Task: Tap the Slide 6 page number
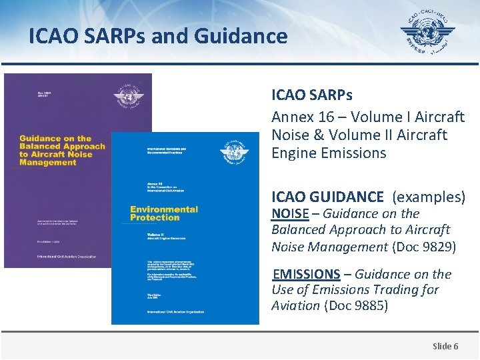tap(445, 345)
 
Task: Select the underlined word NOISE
tap(290, 214)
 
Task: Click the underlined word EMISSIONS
tap(307, 274)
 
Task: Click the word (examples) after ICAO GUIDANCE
tap(429, 197)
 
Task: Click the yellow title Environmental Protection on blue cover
tap(164, 213)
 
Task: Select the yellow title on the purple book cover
tap(62, 150)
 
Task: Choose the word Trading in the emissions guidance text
tap(387, 289)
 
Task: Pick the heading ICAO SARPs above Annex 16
tap(312, 97)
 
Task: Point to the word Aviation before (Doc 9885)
tap(295, 305)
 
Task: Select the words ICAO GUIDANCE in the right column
tap(327, 197)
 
